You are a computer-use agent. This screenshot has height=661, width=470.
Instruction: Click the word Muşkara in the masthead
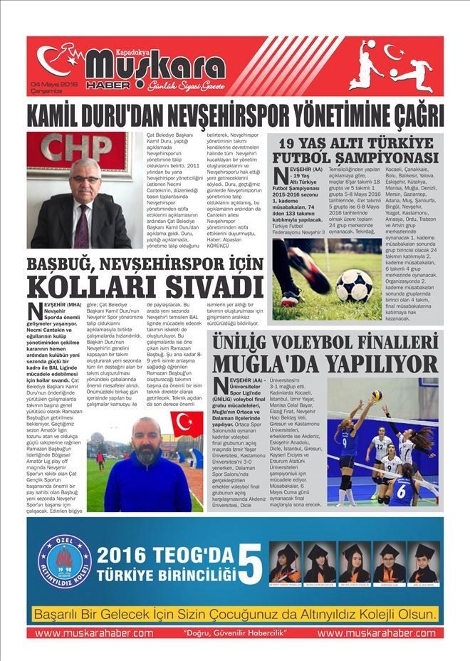(x=155, y=65)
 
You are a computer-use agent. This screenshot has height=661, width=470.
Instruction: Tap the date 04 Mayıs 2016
(x=53, y=84)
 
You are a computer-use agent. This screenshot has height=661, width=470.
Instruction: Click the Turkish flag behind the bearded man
(x=187, y=424)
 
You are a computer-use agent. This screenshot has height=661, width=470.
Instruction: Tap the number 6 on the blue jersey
(x=403, y=491)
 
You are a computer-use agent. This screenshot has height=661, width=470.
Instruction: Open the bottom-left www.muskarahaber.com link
(x=94, y=633)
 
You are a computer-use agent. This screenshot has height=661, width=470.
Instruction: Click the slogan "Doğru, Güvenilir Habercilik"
(x=234, y=633)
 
